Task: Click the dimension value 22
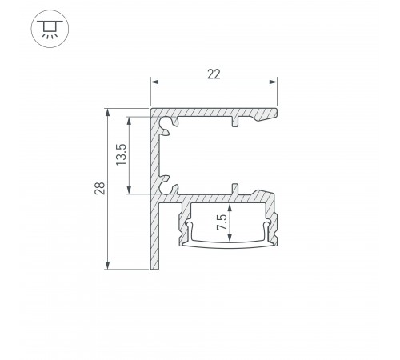click(x=214, y=74)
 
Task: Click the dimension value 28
click(x=96, y=189)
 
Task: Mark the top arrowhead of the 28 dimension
click(x=107, y=111)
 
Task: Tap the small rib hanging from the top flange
click(x=235, y=122)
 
